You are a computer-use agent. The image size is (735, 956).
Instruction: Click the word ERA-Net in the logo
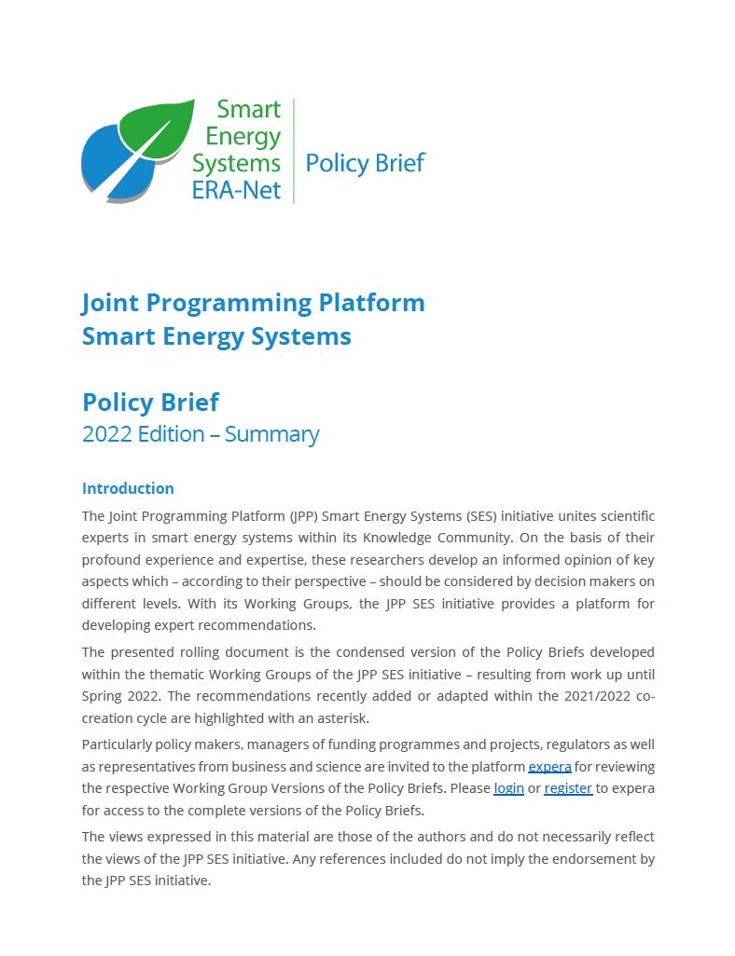click(236, 190)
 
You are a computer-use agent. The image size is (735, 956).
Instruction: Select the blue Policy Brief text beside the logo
click(365, 164)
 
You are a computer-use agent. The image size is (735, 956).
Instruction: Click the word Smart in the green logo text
click(248, 110)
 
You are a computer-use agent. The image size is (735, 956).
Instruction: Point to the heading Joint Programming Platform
click(253, 303)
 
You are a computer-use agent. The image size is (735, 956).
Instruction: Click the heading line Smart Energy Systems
click(216, 336)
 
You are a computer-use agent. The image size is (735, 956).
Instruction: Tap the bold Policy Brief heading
click(150, 403)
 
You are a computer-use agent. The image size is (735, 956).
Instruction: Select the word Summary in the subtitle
click(271, 434)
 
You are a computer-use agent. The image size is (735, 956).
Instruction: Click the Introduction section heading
click(128, 488)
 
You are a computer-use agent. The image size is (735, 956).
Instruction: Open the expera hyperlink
click(549, 767)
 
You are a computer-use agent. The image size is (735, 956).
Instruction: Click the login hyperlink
click(508, 788)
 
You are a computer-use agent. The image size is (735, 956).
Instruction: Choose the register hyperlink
click(568, 788)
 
